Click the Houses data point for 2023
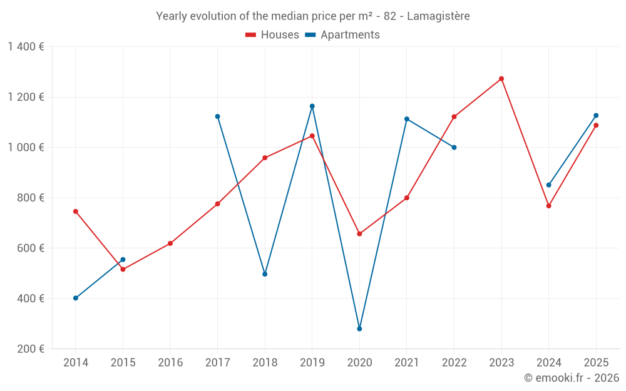(x=501, y=79)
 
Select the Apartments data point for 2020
(x=359, y=328)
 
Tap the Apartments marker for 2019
(x=312, y=106)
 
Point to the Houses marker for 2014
(x=76, y=211)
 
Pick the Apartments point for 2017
(x=217, y=116)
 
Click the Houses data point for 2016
(x=170, y=243)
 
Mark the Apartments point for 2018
(x=265, y=274)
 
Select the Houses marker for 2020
(x=359, y=234)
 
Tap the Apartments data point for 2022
(x=454, y=148)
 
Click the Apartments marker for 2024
(x=549, y=185)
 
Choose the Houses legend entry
(x=272, y=35)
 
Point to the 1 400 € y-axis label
(x=26, y=47)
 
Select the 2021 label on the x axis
(x=407, y=363)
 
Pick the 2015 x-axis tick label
(x=123, y=363)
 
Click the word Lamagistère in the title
(x=438, y=16)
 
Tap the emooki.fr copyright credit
(x=572, y=378)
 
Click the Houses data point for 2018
(x=265, y=158)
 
